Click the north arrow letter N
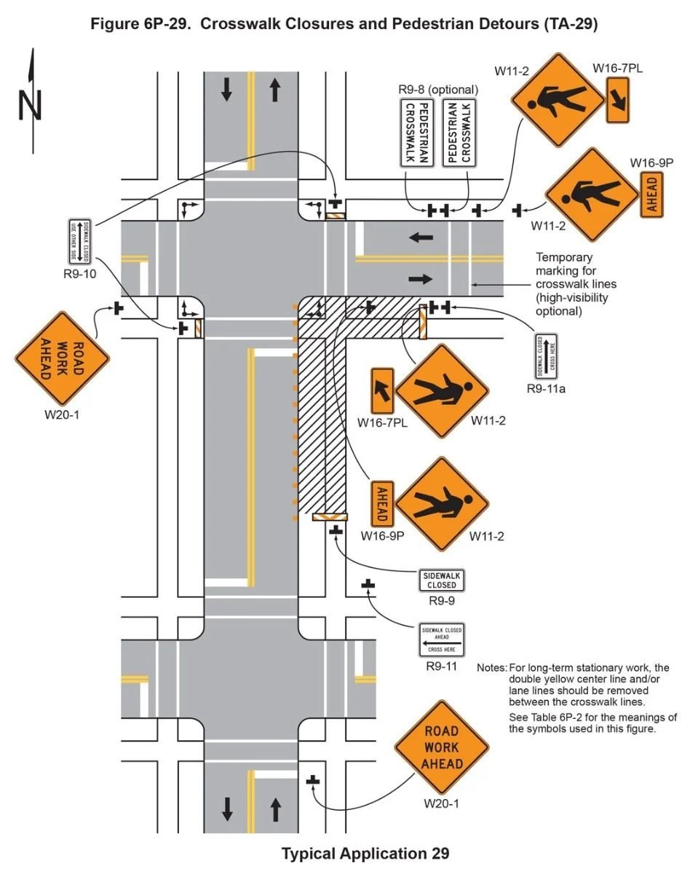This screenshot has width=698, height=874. (x=31, y=106)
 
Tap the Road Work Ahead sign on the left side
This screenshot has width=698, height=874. (x=62, y=358)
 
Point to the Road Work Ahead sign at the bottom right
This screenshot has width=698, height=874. (x=442, y=747)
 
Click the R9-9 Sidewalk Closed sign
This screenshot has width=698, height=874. (x=442, y=580)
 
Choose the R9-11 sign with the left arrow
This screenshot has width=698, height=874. (x=441, y=639)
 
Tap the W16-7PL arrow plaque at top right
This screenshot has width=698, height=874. (x=617, y=102)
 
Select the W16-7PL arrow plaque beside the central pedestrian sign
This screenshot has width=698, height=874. (x=383, y=391)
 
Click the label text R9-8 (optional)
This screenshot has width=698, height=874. (x=438, y=90)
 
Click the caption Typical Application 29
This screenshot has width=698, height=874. (x=365, y=854)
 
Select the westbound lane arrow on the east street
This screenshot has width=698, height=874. (x=421, y=237)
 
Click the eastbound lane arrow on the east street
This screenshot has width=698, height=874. (x=421, y=278)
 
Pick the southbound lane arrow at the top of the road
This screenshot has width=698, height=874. (x=227, y=90)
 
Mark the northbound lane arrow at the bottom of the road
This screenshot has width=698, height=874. (x=275, y=808)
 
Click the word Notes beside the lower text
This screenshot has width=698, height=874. (x=491, y=668)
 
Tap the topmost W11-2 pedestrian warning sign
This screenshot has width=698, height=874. (x=558, y=101)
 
